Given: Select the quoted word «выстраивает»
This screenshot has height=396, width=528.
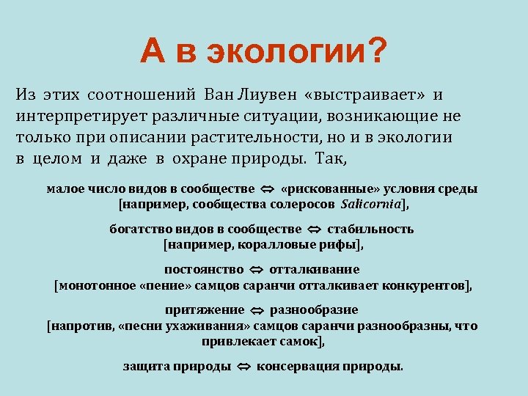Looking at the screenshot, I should (x=369, y=95).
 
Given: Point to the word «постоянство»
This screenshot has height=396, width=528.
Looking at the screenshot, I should (x=203, y=269).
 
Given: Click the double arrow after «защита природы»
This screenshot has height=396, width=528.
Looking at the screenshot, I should (x=243, y=367).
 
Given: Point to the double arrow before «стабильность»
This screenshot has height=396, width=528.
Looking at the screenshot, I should (x=315, y=230).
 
